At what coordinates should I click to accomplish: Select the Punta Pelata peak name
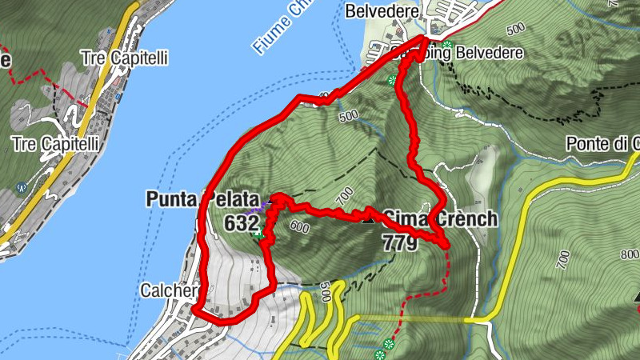190,198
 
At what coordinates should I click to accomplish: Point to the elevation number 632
240,224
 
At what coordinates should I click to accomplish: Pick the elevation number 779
400,242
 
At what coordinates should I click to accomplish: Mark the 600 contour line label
299,227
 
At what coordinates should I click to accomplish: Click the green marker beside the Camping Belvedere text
447,45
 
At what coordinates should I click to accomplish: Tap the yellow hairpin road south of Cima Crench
336,304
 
